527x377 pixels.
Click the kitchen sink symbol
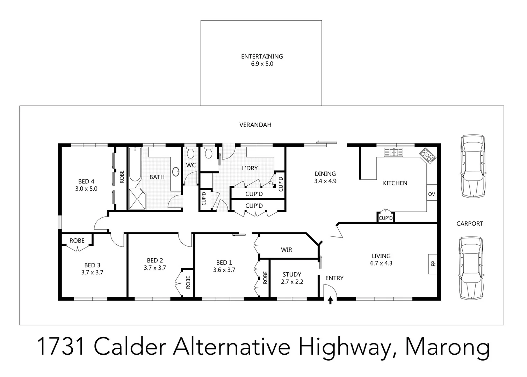coord(394,152)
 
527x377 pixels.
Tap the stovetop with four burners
coord(428,155)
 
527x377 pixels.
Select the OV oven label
coord(432,194)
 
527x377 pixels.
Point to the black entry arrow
coord(330,301)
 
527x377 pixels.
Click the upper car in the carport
coord(473,167)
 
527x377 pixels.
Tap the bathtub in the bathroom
coord(135,164)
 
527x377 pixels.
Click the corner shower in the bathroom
coord(137,200)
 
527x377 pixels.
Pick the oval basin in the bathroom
coord(176,171)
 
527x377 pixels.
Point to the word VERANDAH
coord(255,125)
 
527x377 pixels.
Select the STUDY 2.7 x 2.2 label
coord(292,278)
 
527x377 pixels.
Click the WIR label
coord(286,250)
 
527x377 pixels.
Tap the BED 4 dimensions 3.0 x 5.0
coord(86,189)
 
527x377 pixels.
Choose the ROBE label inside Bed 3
coord(77,241)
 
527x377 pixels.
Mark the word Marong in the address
coord(448,347)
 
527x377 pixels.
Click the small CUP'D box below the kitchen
coord(385,218)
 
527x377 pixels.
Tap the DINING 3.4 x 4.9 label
coord(325,177)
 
